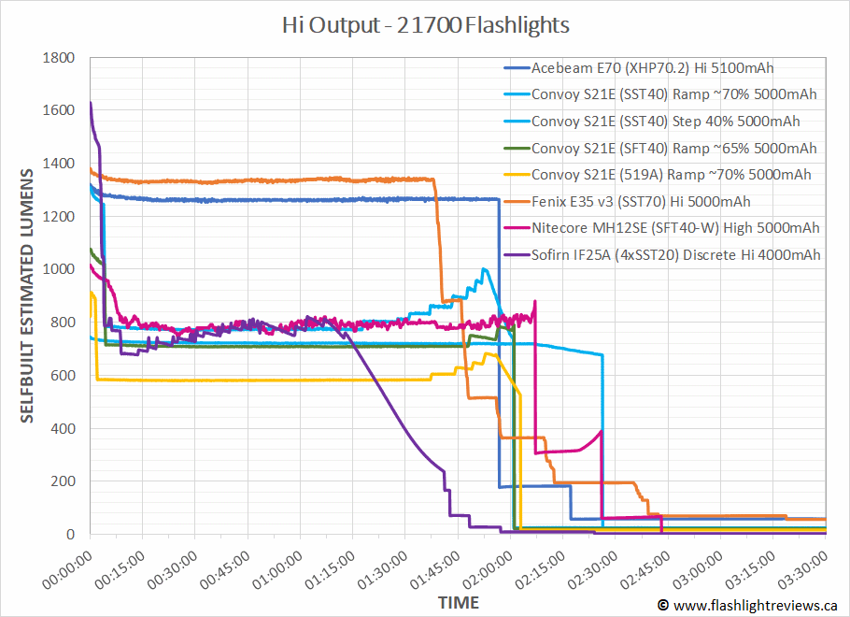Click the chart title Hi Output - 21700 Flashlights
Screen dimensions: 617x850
pos(426,24)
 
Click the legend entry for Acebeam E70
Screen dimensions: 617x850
pos(652,67)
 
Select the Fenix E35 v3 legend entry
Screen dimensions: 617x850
pos(640,201)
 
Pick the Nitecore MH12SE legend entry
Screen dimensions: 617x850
pos(674,228)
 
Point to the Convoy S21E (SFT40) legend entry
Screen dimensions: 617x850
pos(673,148)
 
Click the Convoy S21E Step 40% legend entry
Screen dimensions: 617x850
pos(665,121)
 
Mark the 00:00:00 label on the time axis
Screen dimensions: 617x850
pos(66,567)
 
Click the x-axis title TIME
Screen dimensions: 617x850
pos(459,601)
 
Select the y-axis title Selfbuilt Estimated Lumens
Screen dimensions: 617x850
pos(27,295)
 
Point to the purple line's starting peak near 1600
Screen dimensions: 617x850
pos(91,103)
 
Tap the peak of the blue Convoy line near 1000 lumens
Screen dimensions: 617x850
pos(483,269)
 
